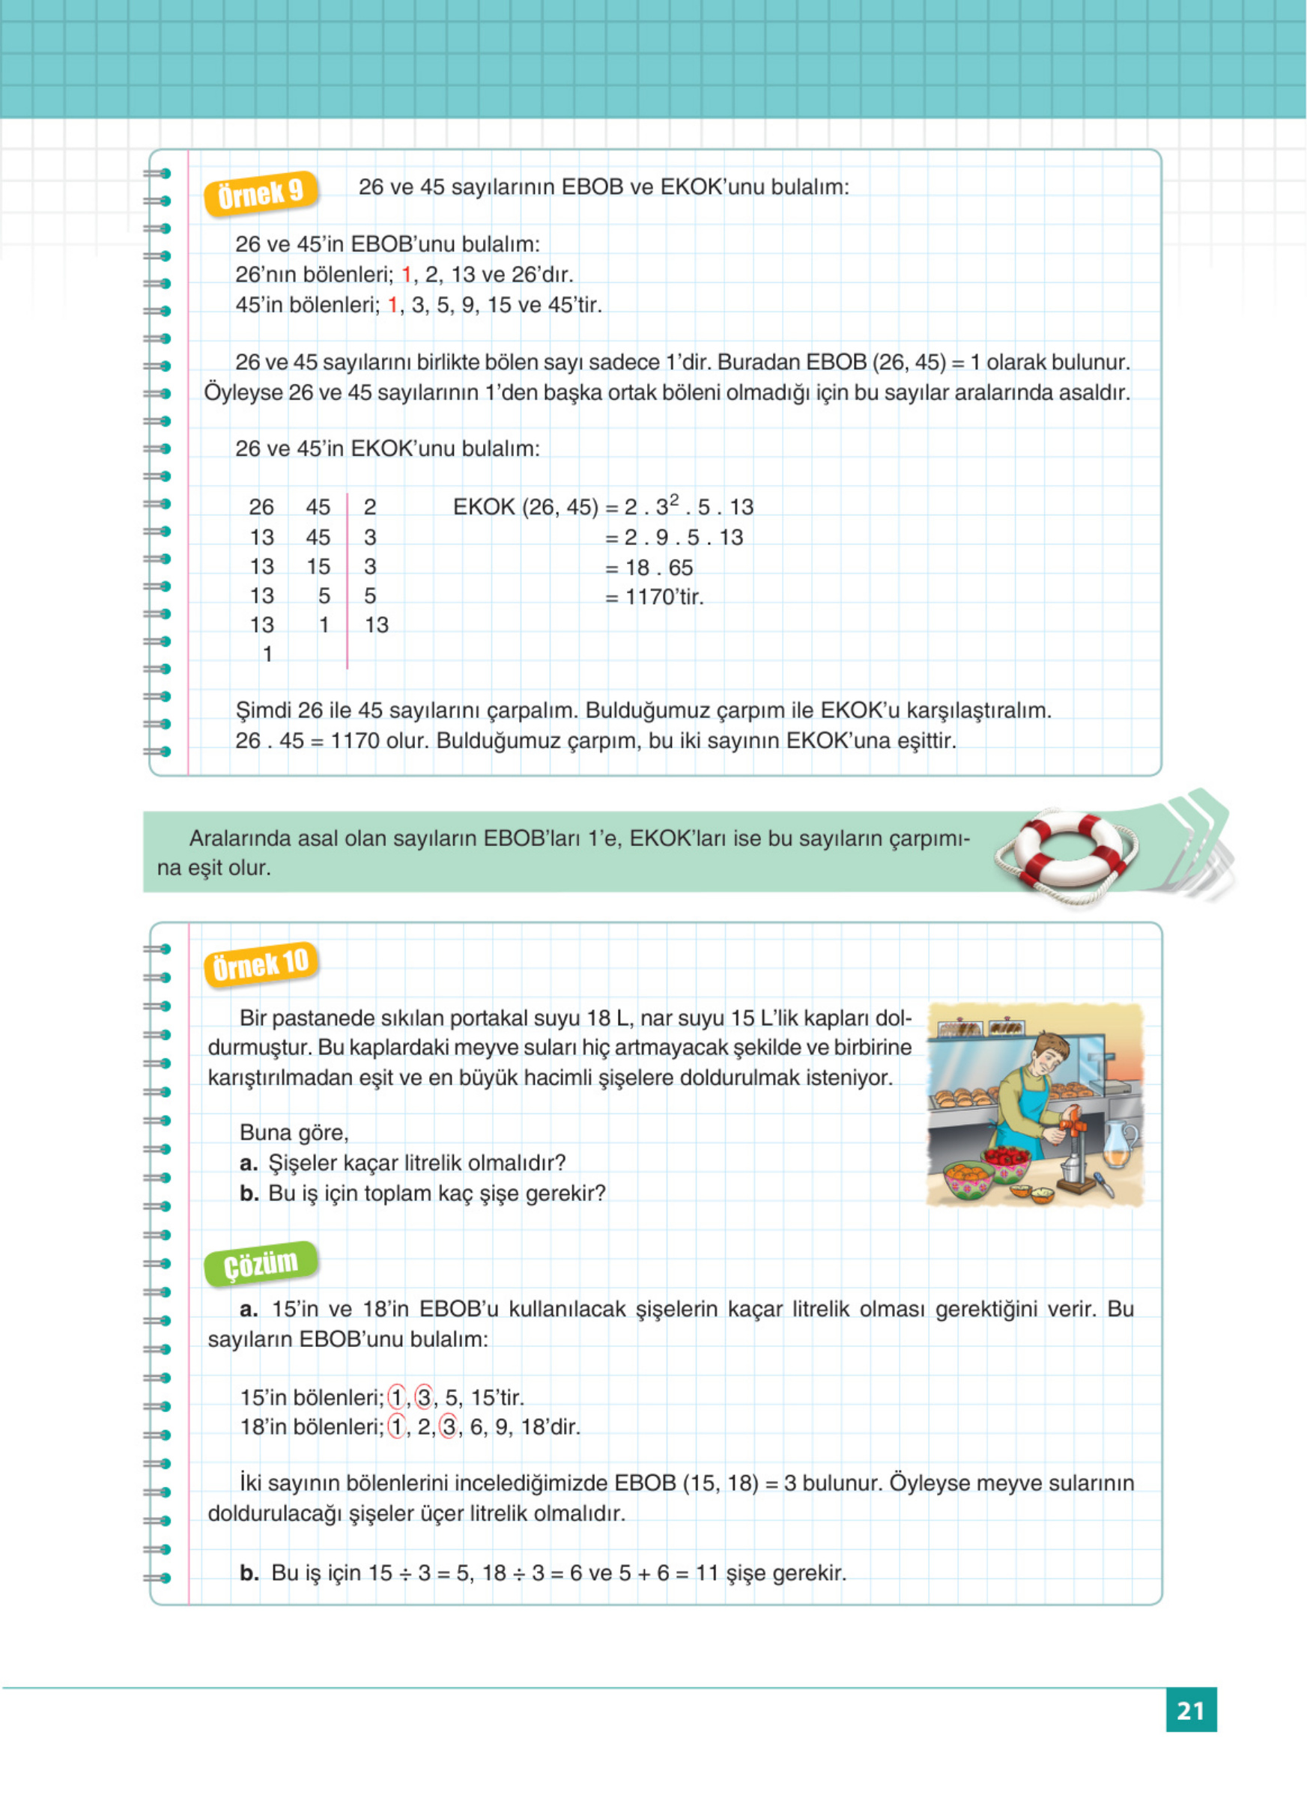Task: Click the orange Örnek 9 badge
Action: click(260, 193)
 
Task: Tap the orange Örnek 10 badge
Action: click(260, 964)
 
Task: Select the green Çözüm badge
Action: click(260, 1265)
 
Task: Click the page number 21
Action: click(1190, 1710)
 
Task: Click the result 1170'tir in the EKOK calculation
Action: click(664, 597)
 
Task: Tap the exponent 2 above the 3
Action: click(674, 499)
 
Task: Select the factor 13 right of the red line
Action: click(376, 625)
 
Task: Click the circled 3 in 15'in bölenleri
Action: click(424, 1397)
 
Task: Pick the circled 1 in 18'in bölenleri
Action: click(396, 1427)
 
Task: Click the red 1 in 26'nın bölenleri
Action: click(406, 275)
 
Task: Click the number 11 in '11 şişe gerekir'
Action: click(707, 1573)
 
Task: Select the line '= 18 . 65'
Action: click(649, 568)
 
